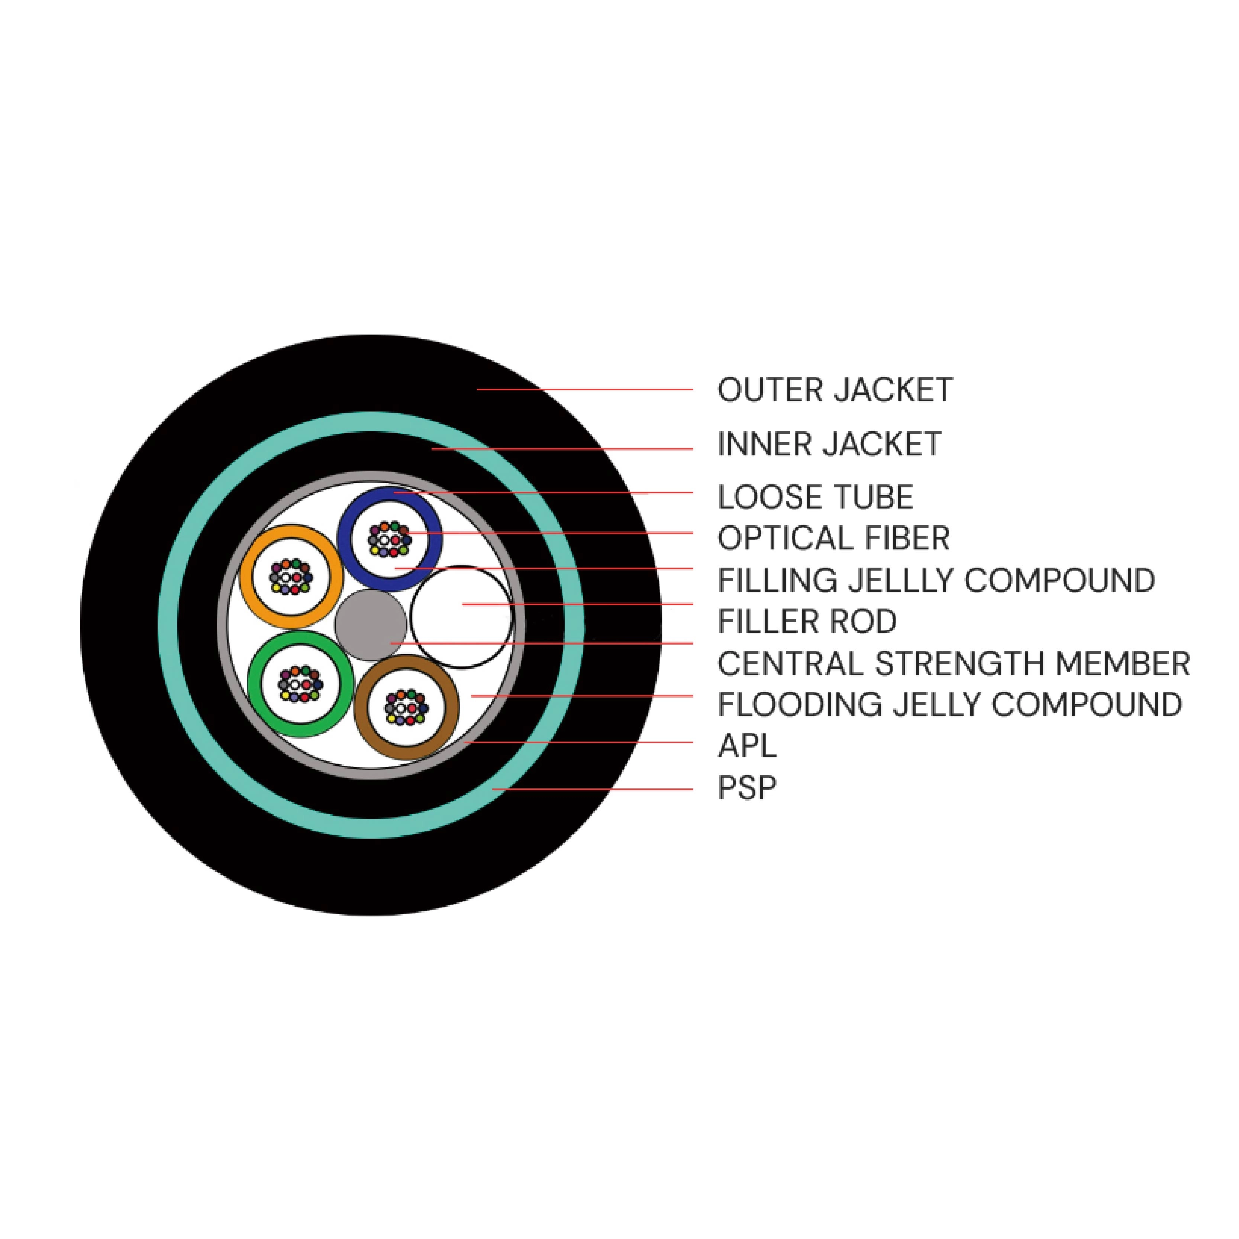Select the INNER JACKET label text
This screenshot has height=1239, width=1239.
[829, 445]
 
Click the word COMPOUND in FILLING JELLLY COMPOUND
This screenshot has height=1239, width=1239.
[1059, 580]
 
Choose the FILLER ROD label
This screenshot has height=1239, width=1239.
[807, 622]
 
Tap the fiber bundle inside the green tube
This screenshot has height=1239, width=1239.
[300, 684]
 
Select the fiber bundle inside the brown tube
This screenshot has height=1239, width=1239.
[405, 707]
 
